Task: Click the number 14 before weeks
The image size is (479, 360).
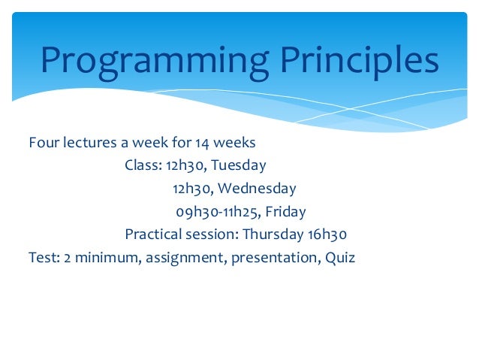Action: click(202, 143)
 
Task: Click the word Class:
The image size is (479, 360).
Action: click(143, 165)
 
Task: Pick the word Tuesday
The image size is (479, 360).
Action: click(239, 165)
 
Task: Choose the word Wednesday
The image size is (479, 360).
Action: click(257, 188)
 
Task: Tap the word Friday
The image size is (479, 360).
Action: click(285, 212)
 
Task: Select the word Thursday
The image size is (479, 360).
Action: click(273, 234)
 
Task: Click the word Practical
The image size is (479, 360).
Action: click(154, 234)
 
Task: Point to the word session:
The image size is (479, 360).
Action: click(212, 234)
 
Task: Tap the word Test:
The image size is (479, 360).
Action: click(44, 258)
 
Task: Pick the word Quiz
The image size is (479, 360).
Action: click(340, 258)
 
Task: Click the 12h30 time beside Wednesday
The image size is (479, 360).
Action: click(193, 189)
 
